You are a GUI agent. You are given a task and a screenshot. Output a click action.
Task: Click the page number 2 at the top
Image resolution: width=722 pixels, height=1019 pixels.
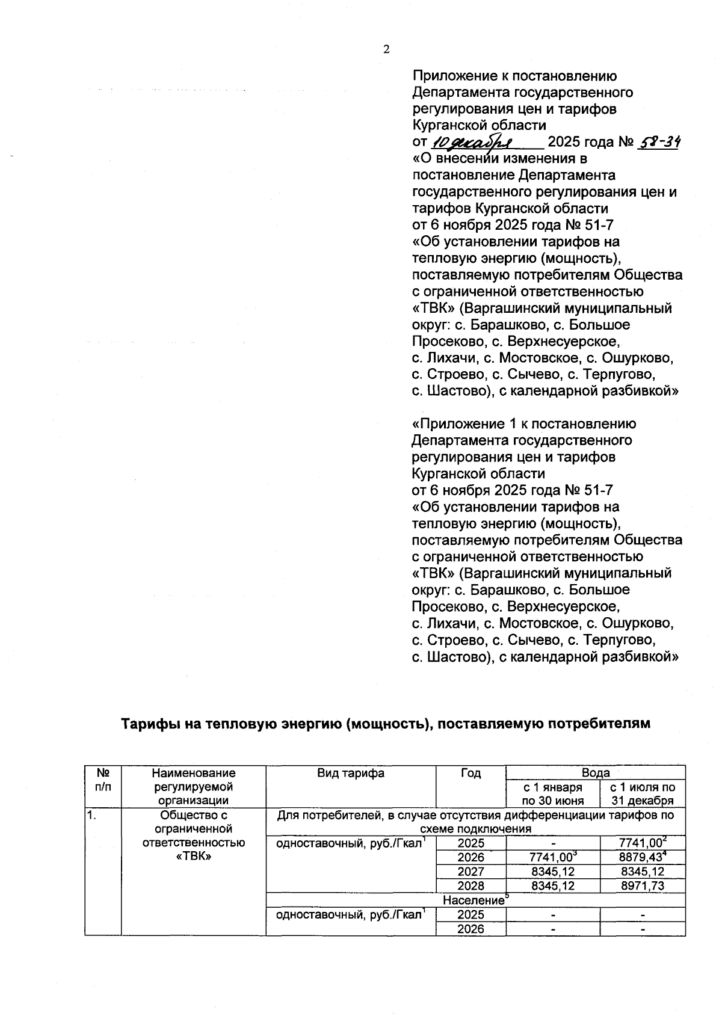[x=386, y=50]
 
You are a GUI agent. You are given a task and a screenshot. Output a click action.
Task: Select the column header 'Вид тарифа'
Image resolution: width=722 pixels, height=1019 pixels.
[x=351, y=773]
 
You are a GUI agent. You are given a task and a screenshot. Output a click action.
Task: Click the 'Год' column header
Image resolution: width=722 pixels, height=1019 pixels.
[x=471, y=773]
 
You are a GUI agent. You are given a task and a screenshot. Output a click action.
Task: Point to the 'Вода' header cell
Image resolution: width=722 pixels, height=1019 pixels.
[x=596, y=772]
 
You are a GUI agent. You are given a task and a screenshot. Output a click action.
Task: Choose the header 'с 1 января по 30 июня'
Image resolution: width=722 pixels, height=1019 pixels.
[x=553, y=793]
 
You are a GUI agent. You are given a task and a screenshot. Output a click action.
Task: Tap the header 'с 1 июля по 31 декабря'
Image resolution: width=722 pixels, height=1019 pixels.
[x=643, y=793]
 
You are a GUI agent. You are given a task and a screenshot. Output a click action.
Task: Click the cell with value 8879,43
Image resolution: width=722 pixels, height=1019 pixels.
[x=643, y=857]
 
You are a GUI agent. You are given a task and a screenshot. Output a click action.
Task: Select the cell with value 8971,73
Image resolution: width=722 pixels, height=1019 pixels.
[x=643, y=885]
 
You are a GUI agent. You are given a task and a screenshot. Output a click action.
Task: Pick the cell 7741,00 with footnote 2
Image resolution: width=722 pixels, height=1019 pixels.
[x=643, y=843]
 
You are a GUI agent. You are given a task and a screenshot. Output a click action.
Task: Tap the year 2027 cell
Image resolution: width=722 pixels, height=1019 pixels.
[x=471, y=872]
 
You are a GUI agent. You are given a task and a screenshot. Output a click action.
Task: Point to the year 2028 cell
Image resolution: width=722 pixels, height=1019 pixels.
[x=471, y=885]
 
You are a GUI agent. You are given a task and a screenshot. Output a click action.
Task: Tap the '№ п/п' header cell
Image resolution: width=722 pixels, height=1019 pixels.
[x=103, y=780]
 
